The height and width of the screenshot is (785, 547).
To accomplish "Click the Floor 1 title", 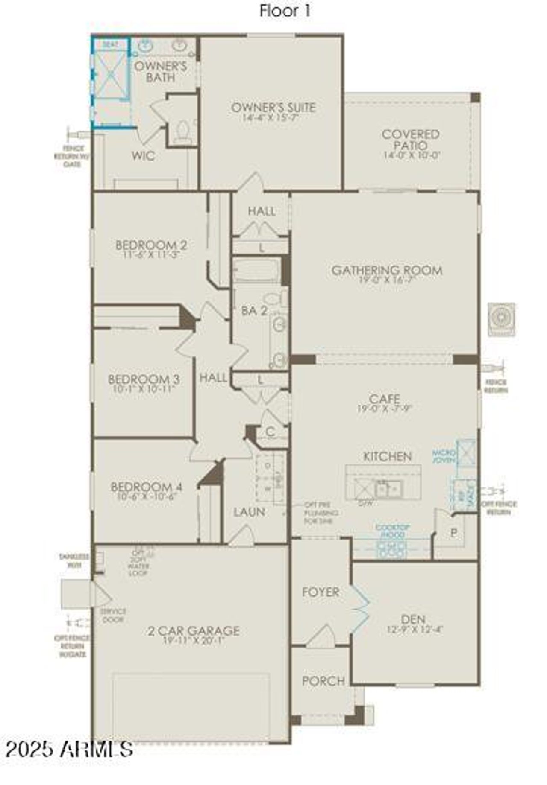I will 285,11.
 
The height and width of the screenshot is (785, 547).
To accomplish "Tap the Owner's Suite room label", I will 273,107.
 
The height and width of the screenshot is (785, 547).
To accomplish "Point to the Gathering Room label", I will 387,270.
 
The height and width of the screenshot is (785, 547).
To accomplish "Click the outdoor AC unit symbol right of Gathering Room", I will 502,319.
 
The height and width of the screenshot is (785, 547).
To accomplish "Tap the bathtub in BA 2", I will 256,270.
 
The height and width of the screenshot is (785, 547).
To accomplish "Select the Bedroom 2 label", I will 151,245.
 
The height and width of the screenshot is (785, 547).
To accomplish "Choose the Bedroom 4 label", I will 147,487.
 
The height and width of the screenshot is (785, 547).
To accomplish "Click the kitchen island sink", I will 388,488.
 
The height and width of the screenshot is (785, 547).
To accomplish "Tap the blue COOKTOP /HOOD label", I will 392,531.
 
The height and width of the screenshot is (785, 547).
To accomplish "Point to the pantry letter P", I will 454,533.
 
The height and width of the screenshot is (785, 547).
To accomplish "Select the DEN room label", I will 413,619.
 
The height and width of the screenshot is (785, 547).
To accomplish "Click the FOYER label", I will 321,592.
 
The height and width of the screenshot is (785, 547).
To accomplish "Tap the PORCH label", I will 323,681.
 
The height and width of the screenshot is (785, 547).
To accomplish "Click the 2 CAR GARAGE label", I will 194,630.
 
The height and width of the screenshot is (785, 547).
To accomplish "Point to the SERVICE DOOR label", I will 113,616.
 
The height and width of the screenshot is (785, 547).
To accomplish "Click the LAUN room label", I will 249,511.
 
